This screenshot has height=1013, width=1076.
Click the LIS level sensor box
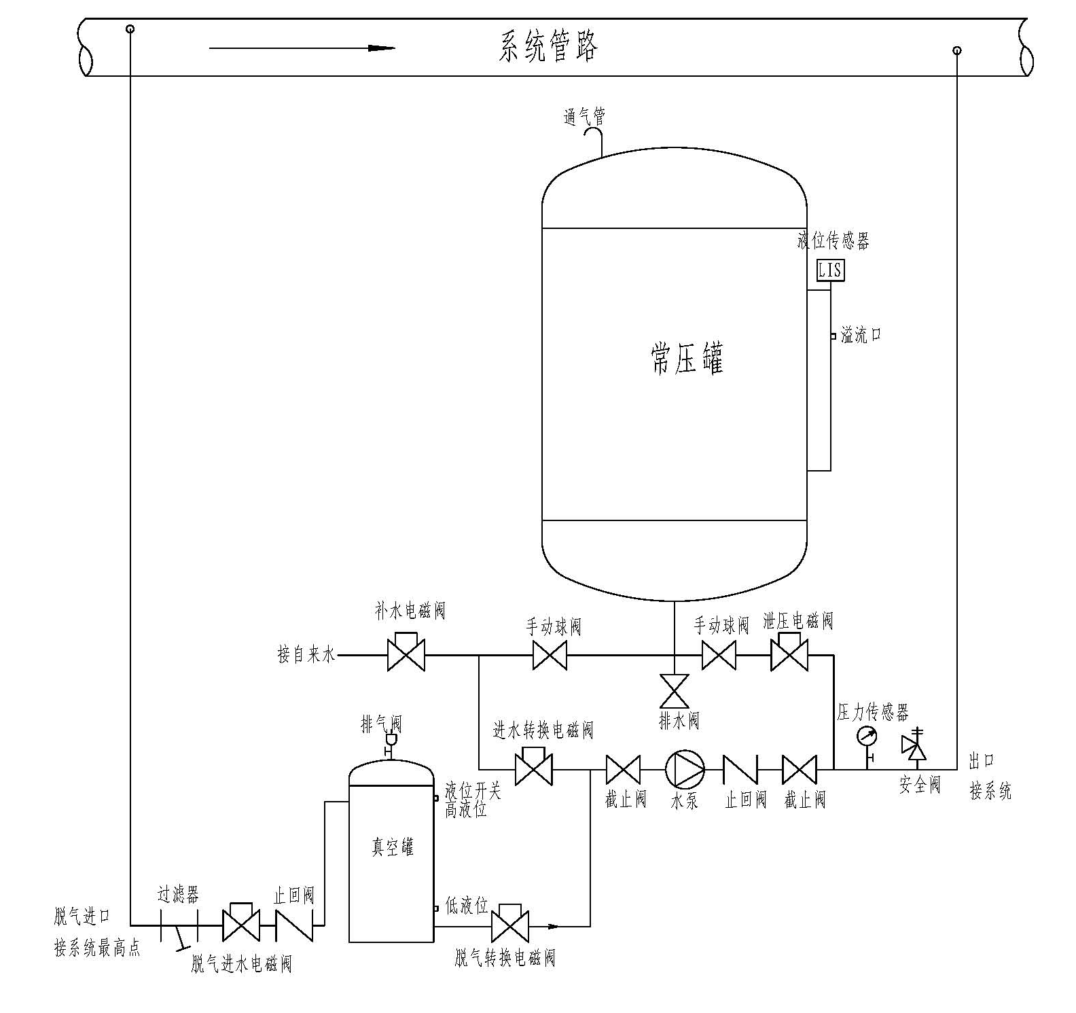(830, 270)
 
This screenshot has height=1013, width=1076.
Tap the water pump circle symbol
(685, 770)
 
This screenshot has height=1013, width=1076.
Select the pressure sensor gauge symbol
(867, 736)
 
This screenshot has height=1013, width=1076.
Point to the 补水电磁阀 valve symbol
(406, 654)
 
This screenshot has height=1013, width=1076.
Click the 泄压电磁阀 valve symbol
(789, 654)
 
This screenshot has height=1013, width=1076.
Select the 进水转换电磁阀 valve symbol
(533, 768)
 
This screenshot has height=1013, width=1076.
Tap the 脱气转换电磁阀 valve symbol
(510, 924)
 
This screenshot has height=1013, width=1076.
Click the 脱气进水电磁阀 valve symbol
(240, 923)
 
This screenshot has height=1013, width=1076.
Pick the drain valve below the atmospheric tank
(675, 692)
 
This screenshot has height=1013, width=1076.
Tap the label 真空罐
(392, 847)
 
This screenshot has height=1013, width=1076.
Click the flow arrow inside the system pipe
(302, 48)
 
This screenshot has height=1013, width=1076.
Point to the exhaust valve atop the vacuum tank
(391, 741)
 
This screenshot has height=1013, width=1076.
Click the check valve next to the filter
(294, 925)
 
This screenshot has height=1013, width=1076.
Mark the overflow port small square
(833, 336)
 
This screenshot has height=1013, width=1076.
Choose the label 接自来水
(306, 655)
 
